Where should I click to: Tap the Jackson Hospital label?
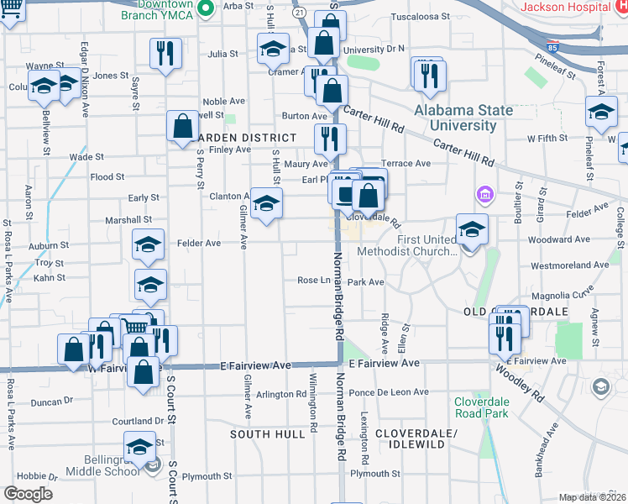(x=575, y=7)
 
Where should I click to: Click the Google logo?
(x=28, y=493)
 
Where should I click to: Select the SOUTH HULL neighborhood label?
(x=268, y=434)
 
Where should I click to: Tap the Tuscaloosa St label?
(x=417, y=17)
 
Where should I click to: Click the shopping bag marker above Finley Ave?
(x=182, y=127)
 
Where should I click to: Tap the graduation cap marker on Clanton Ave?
(x=267, y=204)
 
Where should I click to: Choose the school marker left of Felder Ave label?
(x=149, y=245)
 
